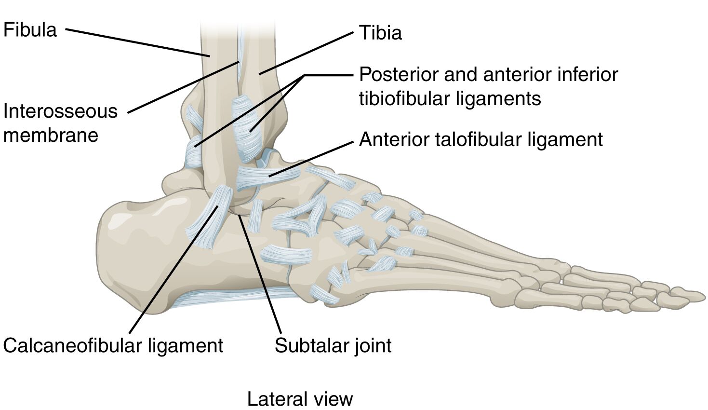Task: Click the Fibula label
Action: click(30, 30)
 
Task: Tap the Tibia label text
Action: click(380, 33)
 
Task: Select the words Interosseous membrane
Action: click(60, 123)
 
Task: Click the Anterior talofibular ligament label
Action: click(481, 139)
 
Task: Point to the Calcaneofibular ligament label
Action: click(113, 345)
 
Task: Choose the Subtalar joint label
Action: click(333, 345)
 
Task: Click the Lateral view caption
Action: click(300, 399)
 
